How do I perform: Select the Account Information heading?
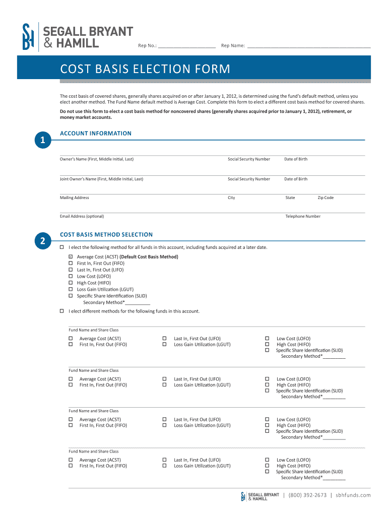click(96, 134)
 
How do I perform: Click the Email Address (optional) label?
click(82, 216)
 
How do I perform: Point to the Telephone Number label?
click(303, 216)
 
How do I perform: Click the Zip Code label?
click(326, 198)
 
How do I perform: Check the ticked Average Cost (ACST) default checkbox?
click(71, 257)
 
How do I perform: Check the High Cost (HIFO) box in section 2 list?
click(71, 283)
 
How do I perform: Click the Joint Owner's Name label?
click(101, 179)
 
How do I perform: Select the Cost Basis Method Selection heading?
click(106, 234)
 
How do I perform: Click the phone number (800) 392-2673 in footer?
click(307, 495)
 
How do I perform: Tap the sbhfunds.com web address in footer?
click(353, 495)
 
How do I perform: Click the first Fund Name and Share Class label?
click(94, 330)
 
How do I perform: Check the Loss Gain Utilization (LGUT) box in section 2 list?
click(71, 289)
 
